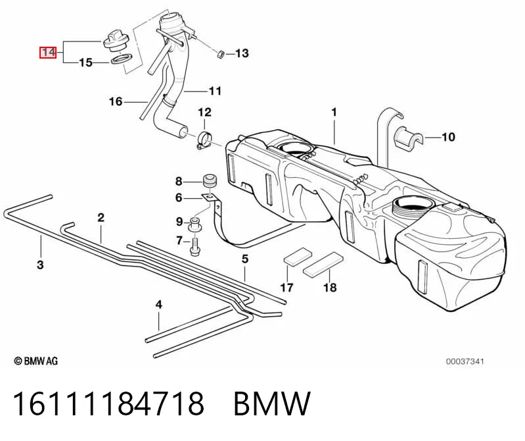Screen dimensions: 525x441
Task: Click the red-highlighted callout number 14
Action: [48, 52]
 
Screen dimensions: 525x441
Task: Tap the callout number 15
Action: [85, 63]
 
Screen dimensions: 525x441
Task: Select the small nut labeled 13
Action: [221, 54]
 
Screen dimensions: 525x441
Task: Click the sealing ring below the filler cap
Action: [120, 60]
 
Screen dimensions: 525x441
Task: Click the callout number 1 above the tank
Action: [334, 112]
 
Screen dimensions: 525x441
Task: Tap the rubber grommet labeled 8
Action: [210, 182]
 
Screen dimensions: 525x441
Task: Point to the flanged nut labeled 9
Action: [194, 224]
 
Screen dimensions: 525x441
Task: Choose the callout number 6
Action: [179, 198]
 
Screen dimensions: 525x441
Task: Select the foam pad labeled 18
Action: [323, 265]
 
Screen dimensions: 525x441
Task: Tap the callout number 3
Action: [40, 265]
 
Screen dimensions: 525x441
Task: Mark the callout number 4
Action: [159, 305]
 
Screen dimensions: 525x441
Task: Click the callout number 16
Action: [116, 101]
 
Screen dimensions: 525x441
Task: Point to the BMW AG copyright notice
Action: [36, 361]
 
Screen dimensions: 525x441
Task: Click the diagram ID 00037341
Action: [465, 361]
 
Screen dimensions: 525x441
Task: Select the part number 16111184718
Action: [108, 403]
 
